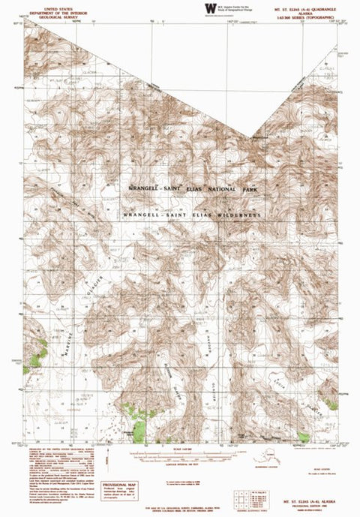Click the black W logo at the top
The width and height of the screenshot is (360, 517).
coord(209,8)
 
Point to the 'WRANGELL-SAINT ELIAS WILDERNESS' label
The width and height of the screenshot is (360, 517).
coord(193,215)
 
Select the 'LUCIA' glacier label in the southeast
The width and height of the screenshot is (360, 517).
coord(294,380)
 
